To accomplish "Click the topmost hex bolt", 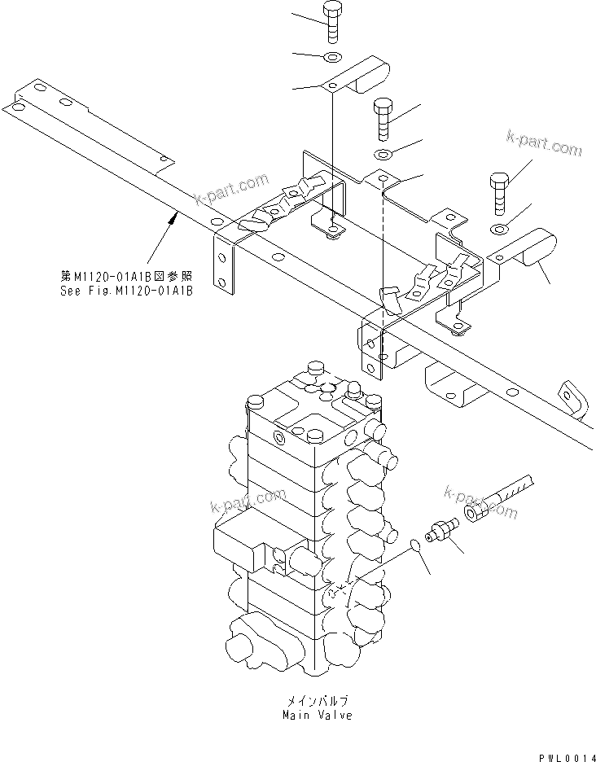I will pyautogui.click(x=333, y=22).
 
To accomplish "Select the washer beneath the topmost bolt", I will pyautogui.click(x=332, y=56).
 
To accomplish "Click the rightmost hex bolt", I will pyautogui.click(x=500, y=192).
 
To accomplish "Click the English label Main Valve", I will pyautogui.click(x=318, y=716).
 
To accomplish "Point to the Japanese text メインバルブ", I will pyautogui.click(x=318, y=700).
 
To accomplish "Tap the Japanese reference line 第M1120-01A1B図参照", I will pyautogui.click(x=126, y=276).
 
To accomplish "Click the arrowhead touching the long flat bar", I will pyautogui.click(x=175, y=214).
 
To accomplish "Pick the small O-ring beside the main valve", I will pyautogui.click(x=414, y=547).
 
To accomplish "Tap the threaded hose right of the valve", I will pyautogui.click(x=511, y=491).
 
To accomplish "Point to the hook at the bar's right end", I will pyautogui.click(x=572, y=396).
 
